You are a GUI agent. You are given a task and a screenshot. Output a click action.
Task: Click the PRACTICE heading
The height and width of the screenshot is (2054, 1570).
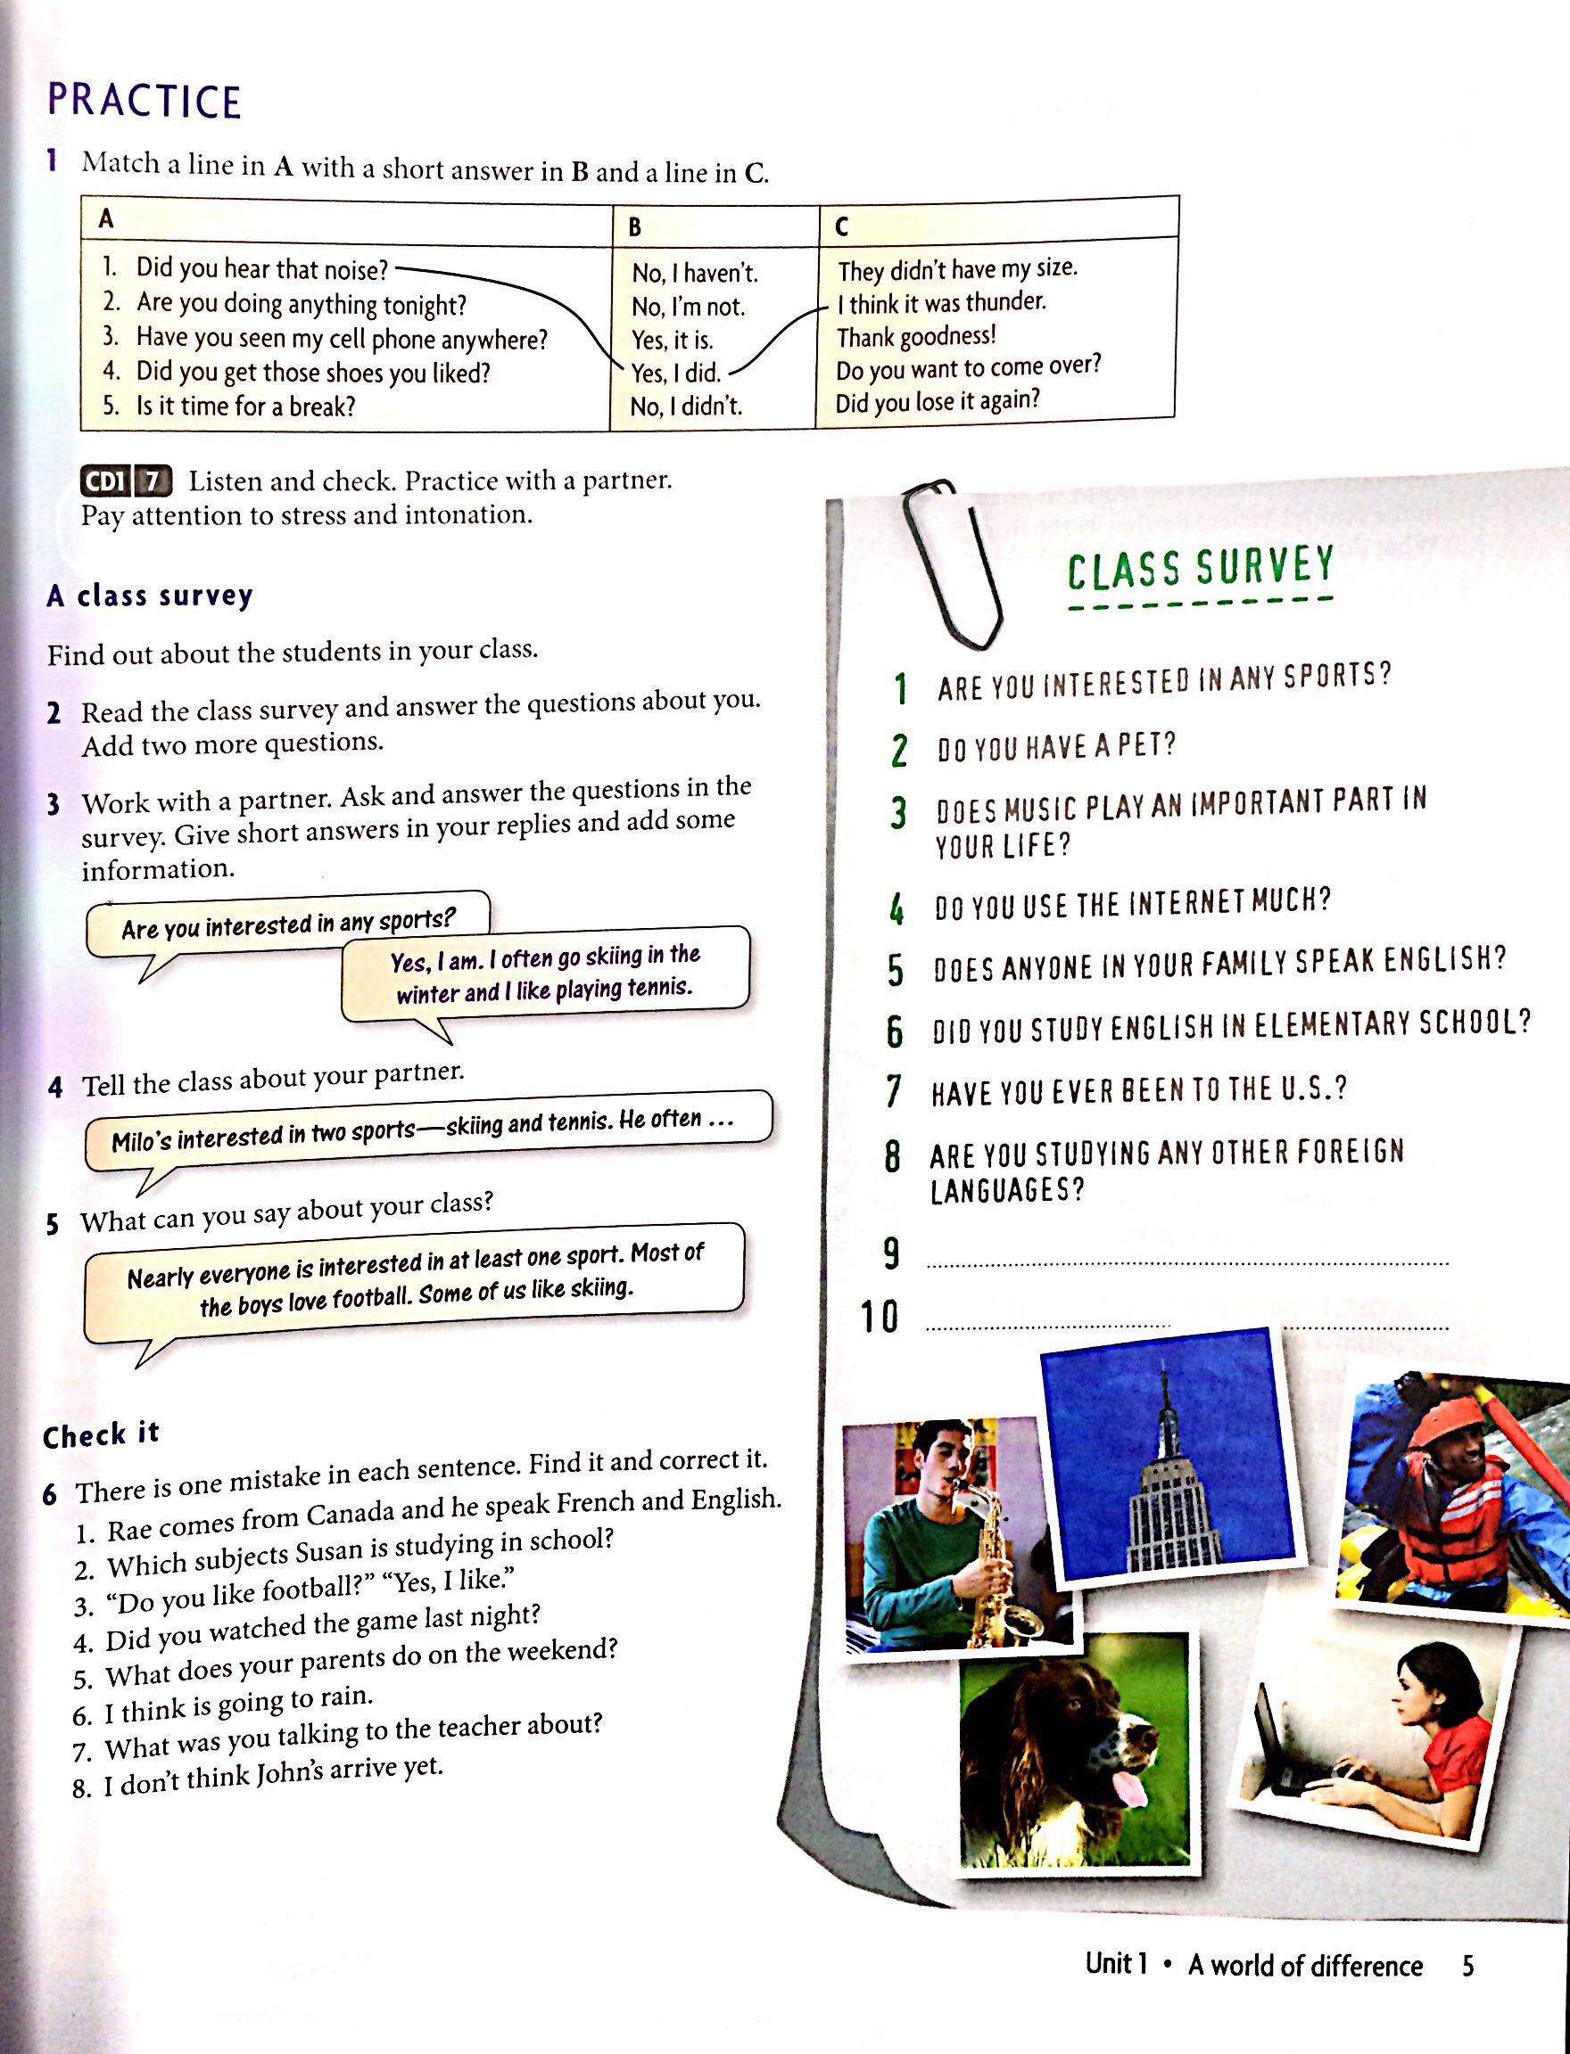click(144, 101)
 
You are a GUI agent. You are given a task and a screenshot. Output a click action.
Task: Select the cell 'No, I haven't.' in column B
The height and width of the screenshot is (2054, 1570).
click(694, 273)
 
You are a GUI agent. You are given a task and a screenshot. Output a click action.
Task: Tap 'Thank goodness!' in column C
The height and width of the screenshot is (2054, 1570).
click(916, 336)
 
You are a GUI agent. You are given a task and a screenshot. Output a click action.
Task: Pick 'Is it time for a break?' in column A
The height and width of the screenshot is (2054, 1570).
click(244, 407)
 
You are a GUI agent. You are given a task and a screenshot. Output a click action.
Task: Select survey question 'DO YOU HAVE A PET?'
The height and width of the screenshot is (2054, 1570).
click(1056, 747)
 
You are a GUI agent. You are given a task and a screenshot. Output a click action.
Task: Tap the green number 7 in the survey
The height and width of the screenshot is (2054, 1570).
click(895, 1091)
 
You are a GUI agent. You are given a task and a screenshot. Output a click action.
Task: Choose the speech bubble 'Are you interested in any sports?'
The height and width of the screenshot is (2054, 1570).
click(288, 924)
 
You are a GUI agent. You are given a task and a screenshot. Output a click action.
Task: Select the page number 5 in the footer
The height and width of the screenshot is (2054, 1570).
click(1468, 1965)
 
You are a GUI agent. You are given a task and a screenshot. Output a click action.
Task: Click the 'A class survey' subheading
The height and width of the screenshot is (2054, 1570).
click(150, 596)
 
